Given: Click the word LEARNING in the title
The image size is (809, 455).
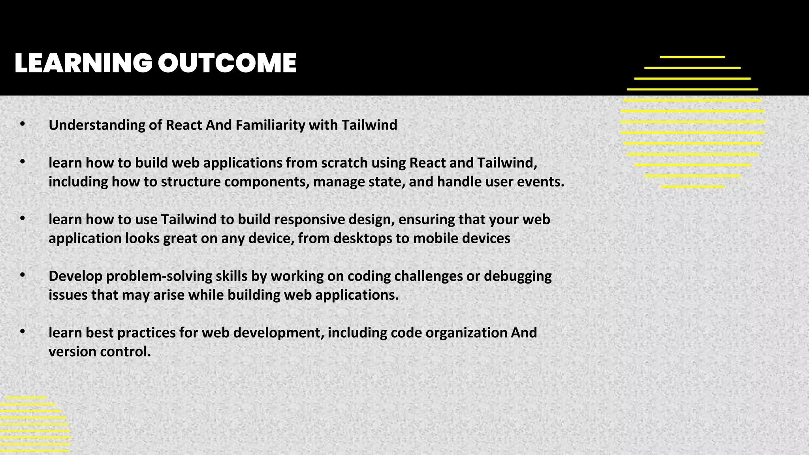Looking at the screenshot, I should (83, 63).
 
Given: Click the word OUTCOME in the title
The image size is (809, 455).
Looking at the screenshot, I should (227, 63).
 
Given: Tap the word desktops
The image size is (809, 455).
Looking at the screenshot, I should (363, 239).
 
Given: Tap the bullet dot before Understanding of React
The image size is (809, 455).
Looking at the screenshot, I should (23, 124).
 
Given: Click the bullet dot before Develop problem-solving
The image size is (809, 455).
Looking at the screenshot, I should (23, 275).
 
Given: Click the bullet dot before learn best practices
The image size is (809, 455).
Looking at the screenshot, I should (23, 332).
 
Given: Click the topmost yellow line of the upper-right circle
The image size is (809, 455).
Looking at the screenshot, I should (692, 57).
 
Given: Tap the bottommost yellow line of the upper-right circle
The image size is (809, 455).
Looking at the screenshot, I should (692, 186).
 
